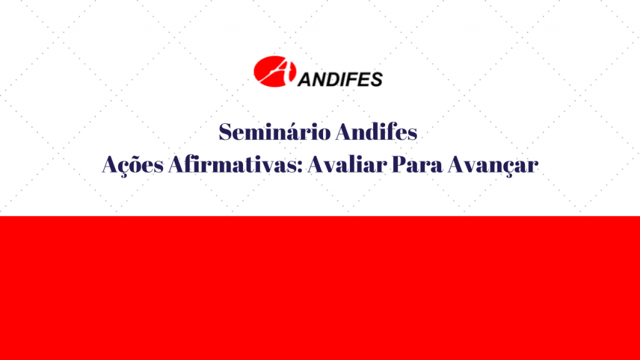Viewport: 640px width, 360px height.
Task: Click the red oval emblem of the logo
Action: coord(274,71)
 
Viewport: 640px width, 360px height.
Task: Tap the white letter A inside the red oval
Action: coord(277,71)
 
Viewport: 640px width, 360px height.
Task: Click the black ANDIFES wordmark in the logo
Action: coord(340,79)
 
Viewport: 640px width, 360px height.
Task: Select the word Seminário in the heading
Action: coord(275,132)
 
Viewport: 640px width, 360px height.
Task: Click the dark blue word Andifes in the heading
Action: coord(377,132)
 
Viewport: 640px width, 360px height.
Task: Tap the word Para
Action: coord(417,164)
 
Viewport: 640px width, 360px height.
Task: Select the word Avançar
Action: coord(492,165)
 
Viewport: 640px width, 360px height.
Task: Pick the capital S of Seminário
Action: coord(226,132)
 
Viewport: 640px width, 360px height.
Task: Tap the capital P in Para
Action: coord(399,164)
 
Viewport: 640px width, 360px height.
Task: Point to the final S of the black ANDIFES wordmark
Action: coord(376,79)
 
